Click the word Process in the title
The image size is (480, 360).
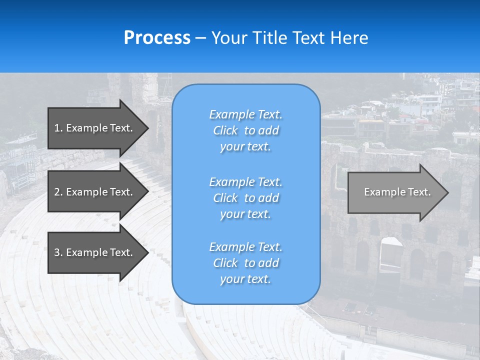click(x=157, y=37)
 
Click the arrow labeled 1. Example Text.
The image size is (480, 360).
click(x=98, y=128)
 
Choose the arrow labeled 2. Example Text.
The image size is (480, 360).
click(x=98, y=191)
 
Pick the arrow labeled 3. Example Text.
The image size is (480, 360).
click(x=98, y=252)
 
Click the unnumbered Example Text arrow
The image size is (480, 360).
click(x=398, y=192)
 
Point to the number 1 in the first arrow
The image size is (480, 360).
click(x=57, y=128)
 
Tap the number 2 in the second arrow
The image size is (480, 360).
click(x=57, y=192)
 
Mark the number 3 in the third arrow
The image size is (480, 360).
click(x=57, y=252)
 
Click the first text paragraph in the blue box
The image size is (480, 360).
click(x=246, y=130)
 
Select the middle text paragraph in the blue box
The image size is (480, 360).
click(x=246, y=198)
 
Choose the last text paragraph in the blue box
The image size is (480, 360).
click(x=246, y=263)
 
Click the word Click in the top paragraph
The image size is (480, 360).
click(x=225, y=130)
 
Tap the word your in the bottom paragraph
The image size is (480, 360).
click(x=231, y=279)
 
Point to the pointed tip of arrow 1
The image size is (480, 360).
click(x=148, y=128)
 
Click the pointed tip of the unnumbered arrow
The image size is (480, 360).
click(x=448, y=192)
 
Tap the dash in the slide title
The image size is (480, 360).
click(x=200, y=39)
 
